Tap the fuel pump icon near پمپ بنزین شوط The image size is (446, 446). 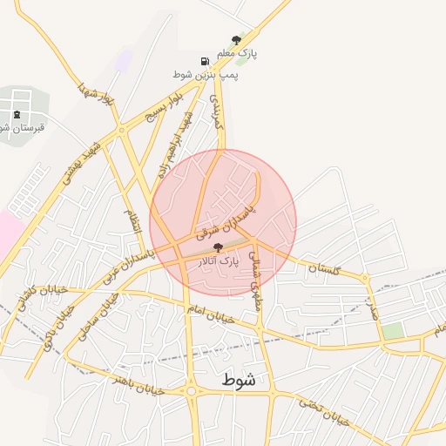205,62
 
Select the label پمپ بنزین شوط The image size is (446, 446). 206,75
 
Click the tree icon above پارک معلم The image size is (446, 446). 235,39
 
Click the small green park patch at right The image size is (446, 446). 393,331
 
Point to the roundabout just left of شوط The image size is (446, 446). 192,391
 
